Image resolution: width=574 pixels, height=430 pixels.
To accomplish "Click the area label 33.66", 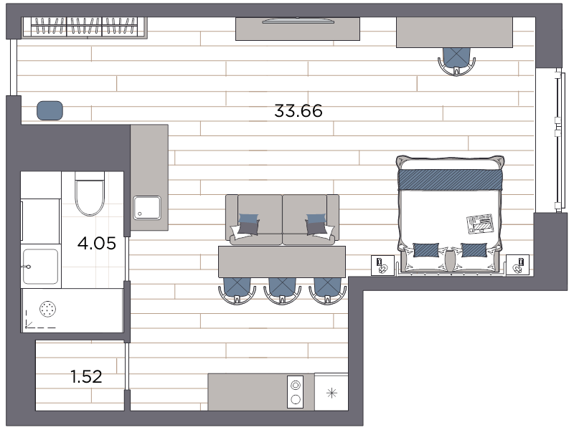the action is (x=298, y=111).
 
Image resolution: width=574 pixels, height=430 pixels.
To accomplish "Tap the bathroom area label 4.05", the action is (x=97, y=243).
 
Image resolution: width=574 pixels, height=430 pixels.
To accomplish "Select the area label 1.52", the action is (x=86, y=377).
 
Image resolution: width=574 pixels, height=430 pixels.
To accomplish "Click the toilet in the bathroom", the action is (x=90, y=193).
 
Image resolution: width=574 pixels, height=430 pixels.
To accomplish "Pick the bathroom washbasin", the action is (x=40, y=266).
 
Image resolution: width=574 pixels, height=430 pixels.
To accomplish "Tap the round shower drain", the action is (x=47, y=309).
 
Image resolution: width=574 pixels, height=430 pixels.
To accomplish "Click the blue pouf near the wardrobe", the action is (x=50, y=110).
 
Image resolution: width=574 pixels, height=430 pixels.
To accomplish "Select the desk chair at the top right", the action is (x=456, y=61).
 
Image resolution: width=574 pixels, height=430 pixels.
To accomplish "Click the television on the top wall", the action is (x=298, y=21).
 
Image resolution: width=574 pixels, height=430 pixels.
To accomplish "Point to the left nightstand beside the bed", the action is (x=382, y=265).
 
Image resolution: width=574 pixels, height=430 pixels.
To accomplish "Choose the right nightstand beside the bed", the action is (x=517, y=264).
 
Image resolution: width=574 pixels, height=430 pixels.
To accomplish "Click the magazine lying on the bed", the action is (x=480, y=224).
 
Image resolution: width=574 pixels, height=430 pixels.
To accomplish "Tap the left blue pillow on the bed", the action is (x=425, y=250).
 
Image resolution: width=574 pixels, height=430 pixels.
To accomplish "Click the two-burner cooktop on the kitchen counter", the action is (x=296, y=391).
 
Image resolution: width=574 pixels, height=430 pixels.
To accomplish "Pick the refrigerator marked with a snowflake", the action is (x=331, y=392).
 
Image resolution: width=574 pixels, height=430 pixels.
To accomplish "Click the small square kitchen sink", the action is (x=147, y=208).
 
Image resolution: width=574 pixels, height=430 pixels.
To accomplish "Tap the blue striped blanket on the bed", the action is (x=451, y=179).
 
